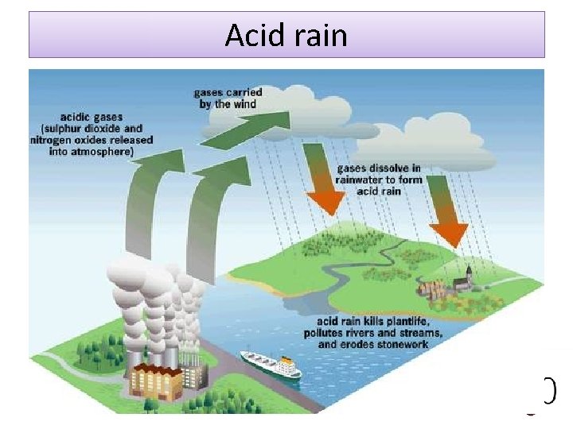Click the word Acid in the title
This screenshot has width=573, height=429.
tap(249, 36)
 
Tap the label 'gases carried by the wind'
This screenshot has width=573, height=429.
tap(228, 99)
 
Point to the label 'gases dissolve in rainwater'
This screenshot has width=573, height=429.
tap(379, 180)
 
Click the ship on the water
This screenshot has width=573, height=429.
tap(271, 364)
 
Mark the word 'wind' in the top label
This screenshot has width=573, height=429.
tap(246, 104)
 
